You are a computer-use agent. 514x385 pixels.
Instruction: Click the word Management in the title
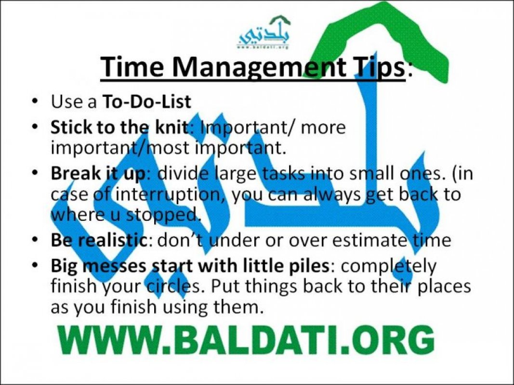tap(259, 67)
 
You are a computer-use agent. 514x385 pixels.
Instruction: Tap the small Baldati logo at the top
tap(264, 32)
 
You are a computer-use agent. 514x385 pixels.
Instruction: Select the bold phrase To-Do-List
tap(146, 102)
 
